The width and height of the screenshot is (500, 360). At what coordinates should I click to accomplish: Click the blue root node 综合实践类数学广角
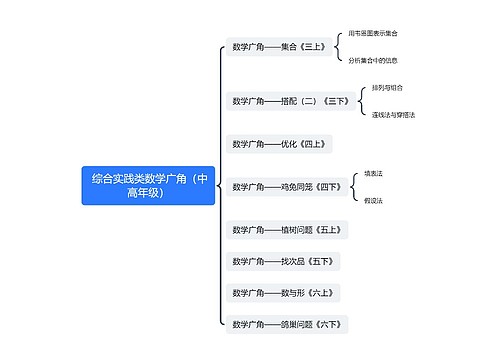[x=148, y=185]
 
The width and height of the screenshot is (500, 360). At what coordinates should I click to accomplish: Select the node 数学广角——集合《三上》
[x=279, y=46]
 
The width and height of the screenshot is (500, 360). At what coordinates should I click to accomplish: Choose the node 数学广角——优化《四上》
[x=277, y=144]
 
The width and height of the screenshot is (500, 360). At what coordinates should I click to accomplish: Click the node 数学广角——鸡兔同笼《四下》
[x=285, y=186]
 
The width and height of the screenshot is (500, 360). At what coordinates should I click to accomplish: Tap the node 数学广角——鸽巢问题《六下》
[x=287, y=324]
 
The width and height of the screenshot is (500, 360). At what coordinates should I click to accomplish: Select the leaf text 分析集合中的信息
[x=378, y=60]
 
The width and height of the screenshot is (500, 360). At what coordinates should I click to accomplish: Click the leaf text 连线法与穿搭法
[x=393, y=115]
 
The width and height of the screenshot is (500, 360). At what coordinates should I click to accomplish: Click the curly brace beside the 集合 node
[x=340, y=46]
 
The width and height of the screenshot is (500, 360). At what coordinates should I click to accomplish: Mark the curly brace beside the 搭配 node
[x=361, y=101]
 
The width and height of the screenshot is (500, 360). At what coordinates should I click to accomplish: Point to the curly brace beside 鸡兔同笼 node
[x=352, y=186]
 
